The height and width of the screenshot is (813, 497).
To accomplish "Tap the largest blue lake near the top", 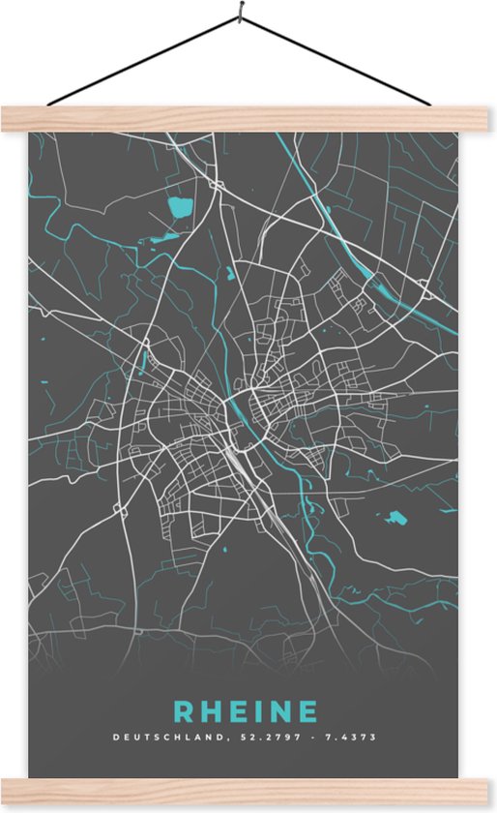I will point(180,206).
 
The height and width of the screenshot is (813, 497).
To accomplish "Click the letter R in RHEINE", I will point(183,711).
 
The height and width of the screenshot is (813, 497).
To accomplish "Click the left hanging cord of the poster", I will point(135,62).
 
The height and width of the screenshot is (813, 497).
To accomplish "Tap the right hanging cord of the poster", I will point(338,62).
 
